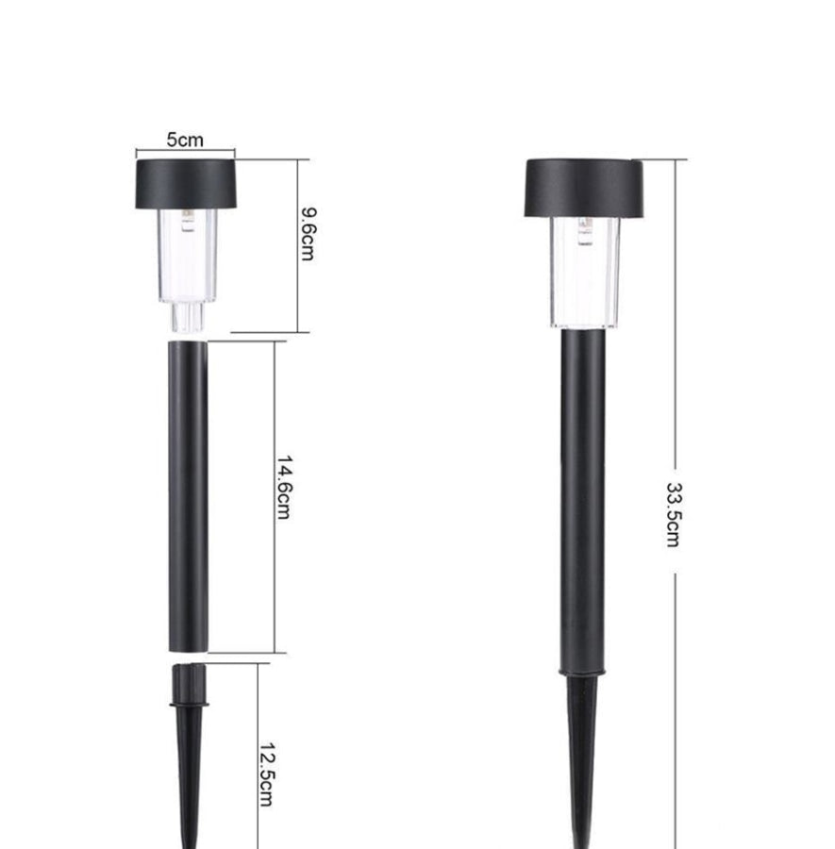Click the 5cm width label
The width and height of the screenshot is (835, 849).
pos(185,140)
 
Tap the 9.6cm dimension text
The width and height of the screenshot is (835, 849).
pos(309,234)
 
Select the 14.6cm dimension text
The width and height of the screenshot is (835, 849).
pos(284,488)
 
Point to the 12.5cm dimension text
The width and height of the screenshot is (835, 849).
pos(266,774)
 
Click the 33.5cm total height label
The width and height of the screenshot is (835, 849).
pos(673,515)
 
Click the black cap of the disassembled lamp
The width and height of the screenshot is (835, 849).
pos(186,184)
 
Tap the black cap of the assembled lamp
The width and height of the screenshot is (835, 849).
pos(584,188)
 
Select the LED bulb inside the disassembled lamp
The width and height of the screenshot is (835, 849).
pos(188,221)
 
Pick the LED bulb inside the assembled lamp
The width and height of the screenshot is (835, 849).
pos(585,231)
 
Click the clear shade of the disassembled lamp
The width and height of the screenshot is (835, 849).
pos(188,256)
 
